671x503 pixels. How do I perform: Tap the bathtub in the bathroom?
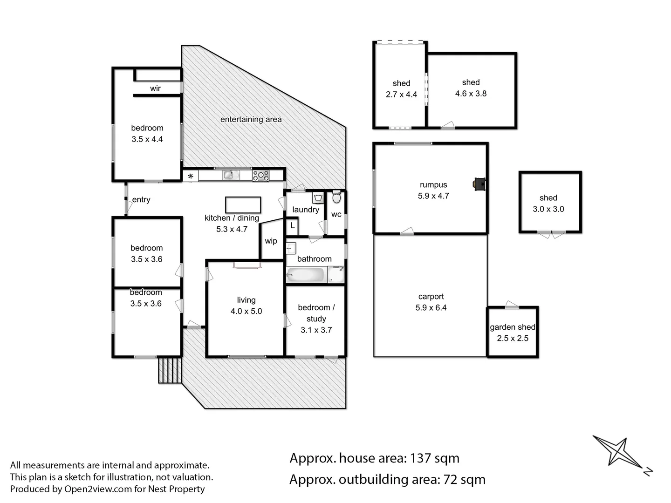coord(306,275)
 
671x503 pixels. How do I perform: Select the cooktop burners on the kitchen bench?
coord(260,176)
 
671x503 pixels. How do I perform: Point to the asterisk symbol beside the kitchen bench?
coord(190,177)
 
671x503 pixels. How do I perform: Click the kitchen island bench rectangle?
coord(243,205)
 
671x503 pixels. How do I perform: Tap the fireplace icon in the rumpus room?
coord(479,184)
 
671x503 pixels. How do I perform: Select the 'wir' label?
coord(155,88)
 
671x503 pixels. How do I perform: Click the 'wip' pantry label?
coord(271,241)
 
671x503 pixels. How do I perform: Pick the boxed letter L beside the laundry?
coord(292,226)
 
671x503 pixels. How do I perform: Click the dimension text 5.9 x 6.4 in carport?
coord(431,308)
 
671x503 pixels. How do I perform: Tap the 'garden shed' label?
coord(512,327)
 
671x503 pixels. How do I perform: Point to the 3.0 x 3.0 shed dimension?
coord(548,209)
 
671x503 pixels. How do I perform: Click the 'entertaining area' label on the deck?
coord(251,119)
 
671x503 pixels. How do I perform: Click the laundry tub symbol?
coord(319,198)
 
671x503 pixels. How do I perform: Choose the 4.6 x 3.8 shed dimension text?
coord(471,94)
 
